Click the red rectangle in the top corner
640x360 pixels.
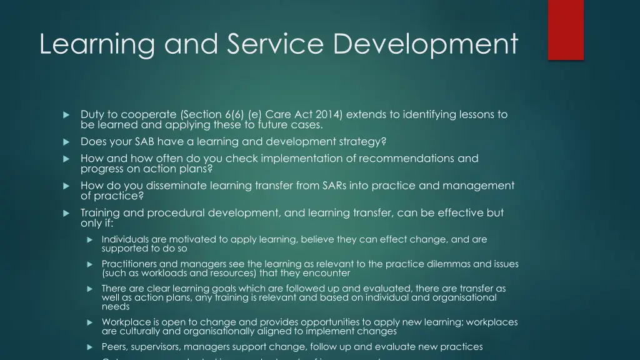tap(566, 29)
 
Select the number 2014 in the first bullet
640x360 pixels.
tap(329, 114)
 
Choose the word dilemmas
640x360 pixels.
tap(449, 264)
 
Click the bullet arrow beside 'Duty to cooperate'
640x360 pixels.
tap(65, 115)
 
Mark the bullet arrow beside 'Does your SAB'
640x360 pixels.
tap(65, 142)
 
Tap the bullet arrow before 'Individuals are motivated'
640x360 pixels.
tap(89, 240)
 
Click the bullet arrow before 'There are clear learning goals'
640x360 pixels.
tap(89, 289)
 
